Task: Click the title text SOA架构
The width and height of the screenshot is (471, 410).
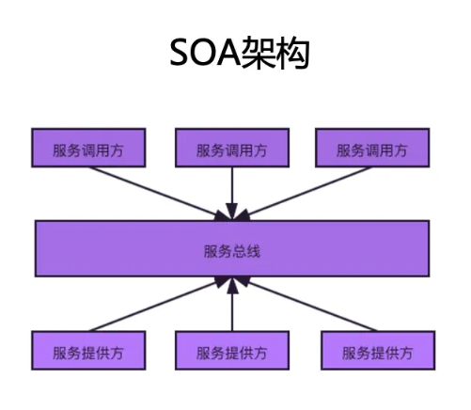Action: [x=240, y=53]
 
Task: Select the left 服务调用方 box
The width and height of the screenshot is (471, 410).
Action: [x=88, y=148]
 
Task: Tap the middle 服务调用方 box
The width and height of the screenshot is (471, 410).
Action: [x=232, y=148]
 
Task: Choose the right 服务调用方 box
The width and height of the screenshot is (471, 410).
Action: [x=372, y=148]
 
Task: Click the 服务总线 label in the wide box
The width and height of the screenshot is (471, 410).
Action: [x=232, y=251]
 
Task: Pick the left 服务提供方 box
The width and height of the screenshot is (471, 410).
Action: [x=88, y=350]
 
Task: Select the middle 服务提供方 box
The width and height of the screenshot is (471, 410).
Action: [x=232, y=350]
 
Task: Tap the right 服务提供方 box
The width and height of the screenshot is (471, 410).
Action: [x=378, y=350]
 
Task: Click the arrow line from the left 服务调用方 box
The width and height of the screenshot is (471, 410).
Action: [x=158, y=194]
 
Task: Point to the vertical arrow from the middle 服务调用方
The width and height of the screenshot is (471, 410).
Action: [x=232, y=194]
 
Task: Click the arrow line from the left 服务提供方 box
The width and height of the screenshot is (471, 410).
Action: [x=158, y=304]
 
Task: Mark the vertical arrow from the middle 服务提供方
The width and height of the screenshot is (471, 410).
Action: [x=232, y=304]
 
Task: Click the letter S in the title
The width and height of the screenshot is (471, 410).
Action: [x=181, y=53]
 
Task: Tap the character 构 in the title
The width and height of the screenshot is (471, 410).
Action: [x=293, y=53]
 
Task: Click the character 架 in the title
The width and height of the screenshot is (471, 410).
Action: [x=259, y=53]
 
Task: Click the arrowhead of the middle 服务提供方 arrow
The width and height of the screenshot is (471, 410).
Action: [x=232, y=285]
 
